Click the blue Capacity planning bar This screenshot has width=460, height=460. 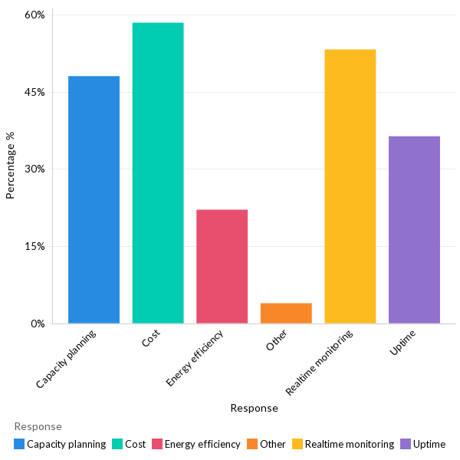click(x=94, y=199)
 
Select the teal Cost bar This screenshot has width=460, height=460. click(x=158, y=172)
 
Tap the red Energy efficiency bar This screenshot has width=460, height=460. click(x=222, y=266)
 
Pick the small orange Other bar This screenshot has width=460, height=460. click(x=286, y=313)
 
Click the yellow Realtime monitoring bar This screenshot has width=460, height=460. click(x=350, y=186)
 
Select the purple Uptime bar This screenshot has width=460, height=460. click(x=414, y=229)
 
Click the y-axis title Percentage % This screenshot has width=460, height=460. click(x=11, y=166)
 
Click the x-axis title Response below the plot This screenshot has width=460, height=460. click(x=254, y=409)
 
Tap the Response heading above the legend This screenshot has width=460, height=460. click(x=38, y=426)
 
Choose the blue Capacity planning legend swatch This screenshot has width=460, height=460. click(x=19, y=444)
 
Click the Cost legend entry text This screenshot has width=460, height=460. click(x=135, y=444)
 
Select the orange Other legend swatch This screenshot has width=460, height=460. click(x=252, y=444)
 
